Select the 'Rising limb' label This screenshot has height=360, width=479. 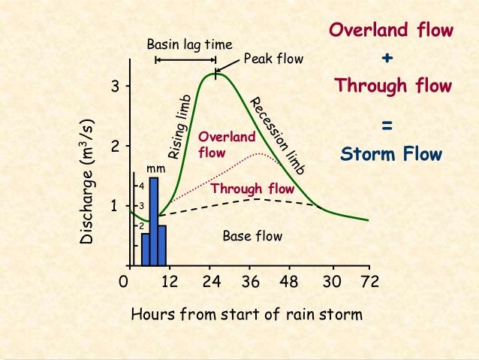click(181, 128)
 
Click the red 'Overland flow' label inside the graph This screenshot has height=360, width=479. click(226, 144)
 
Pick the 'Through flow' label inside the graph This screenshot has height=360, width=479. click(252, 189)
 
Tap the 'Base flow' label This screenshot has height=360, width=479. click(252, 237)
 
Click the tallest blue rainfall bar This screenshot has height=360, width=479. click(154, 222)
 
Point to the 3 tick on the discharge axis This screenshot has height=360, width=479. click(116, 86)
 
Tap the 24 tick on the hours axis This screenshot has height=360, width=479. click(211, 283)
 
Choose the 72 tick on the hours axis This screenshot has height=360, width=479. click(369, 283)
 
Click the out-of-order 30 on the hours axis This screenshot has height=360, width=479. click(330, 283)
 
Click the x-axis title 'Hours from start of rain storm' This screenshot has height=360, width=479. click(246, 313)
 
